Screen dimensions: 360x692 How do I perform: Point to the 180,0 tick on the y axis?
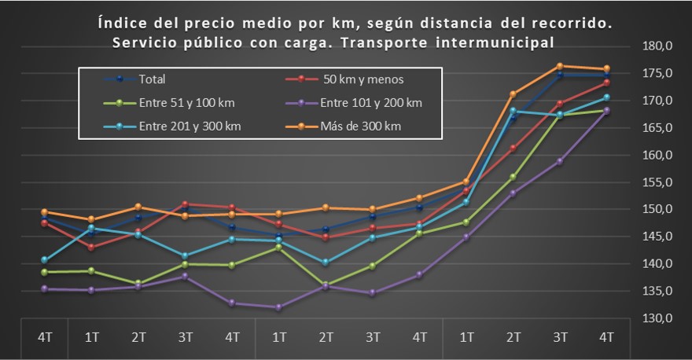point(658,46)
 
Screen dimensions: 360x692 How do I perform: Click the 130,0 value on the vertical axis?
point(658,318)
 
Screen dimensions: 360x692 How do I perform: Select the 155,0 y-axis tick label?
point(658,182)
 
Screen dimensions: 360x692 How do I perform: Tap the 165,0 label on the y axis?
point(658,127)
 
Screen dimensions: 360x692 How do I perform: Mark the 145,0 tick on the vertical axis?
point(658,237)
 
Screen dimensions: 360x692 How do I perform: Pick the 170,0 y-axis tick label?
point(658,101)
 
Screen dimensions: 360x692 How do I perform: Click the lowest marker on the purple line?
point(278,307)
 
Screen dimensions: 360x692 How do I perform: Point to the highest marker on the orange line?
point(559,66)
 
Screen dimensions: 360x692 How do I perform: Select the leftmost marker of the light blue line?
point(44,259)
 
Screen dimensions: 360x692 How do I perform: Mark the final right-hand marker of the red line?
point(606,83)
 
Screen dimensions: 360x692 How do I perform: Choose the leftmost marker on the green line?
point(44,272)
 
